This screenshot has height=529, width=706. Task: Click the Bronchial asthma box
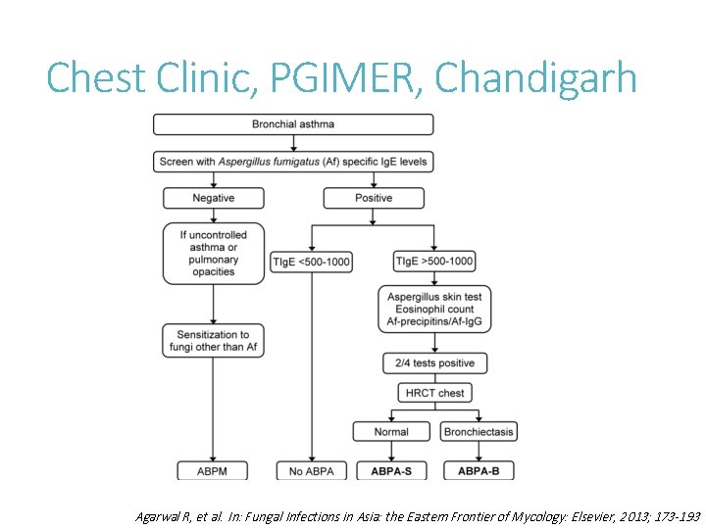(x=292, y=124)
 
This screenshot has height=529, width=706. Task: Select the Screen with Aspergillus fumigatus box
(x=292, y=162)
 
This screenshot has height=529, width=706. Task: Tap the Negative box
(x=214, y=198)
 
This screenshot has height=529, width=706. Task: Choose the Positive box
(x=373, y=198)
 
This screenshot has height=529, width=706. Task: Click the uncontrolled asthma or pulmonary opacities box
(x=214, y=254)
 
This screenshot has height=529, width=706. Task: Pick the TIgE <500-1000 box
(x=311, y=262)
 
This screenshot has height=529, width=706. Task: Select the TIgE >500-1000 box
(x=432, y=262)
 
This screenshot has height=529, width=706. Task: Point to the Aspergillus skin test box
(x=433, y=309)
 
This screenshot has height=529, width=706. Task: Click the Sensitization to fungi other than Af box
(x=214, y=341)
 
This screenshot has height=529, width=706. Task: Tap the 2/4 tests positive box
(x=433, y=363)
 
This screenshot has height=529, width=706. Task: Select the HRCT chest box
(x=433, y=393)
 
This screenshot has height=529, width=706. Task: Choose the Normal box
(x=391, y=432)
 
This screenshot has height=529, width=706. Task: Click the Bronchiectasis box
(x=479, y=432)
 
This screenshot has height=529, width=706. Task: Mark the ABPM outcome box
(x=214, y=471)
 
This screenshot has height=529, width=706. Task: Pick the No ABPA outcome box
(x=311, y=471)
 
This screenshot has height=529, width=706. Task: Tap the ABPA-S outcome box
(x=391, y=471)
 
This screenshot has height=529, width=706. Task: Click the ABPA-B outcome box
(x=479, y=471)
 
